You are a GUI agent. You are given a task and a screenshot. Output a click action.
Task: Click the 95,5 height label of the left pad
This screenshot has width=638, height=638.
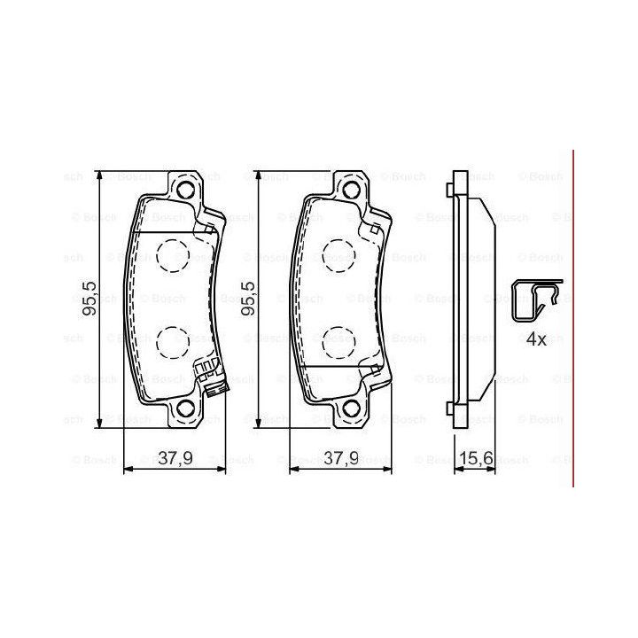(89, 299)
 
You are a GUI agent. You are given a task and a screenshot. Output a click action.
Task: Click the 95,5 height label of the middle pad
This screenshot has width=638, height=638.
(248, 299)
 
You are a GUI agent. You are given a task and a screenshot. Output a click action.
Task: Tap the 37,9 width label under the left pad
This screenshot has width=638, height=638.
(175, 459)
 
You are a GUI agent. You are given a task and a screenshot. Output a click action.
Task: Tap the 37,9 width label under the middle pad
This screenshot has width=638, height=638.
(341, 459)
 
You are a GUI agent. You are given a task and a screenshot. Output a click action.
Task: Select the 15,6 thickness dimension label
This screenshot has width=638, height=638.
(477, 459)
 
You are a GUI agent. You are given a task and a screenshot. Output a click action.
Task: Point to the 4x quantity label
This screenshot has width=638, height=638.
(537, 338)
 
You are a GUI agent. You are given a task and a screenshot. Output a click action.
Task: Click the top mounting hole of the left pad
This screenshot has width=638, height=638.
(185, 190)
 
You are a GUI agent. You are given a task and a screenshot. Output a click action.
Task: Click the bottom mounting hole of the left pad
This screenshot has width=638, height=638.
(185, 408)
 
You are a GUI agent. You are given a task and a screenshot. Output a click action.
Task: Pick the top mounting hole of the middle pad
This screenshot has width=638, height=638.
(351, 190)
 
